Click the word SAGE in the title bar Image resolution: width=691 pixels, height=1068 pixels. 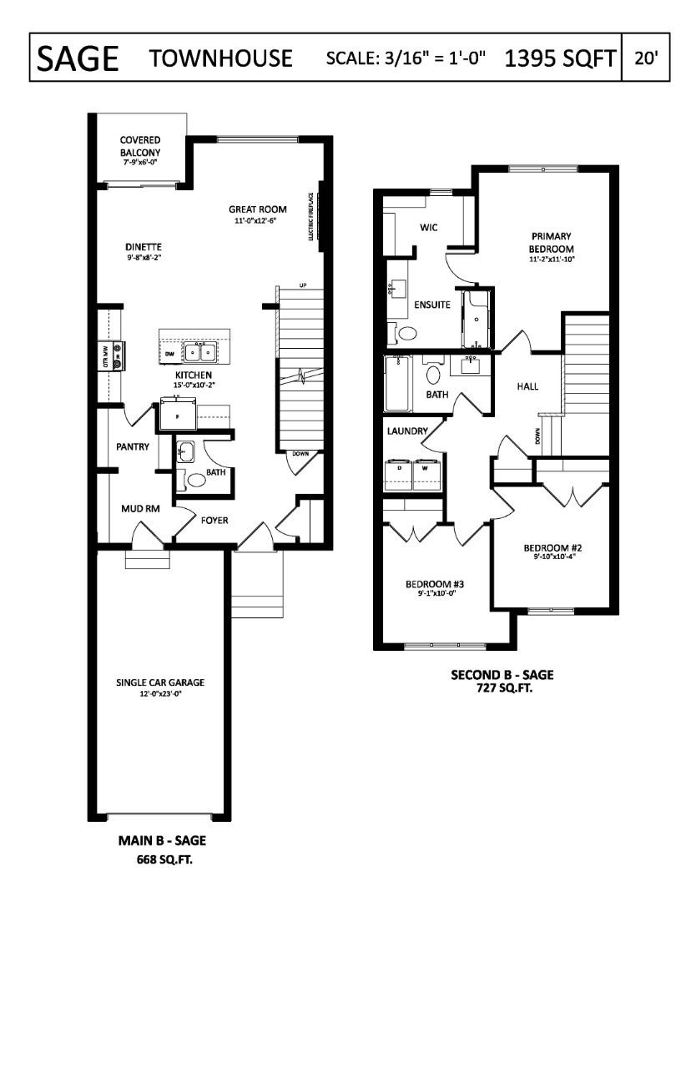point(76,58)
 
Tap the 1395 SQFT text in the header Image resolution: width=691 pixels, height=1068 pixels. point(560,58)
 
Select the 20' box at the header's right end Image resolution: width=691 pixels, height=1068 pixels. point(646,58)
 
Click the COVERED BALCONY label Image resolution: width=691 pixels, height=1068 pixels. point(139,147)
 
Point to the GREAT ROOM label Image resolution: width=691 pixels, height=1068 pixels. point(257,209)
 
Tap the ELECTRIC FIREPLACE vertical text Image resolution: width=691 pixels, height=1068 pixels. point(310,216)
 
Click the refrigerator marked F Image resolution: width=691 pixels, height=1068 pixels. point(177,416)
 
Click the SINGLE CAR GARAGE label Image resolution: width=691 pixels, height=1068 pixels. point(160,683)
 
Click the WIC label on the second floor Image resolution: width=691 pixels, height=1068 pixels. point(429,227)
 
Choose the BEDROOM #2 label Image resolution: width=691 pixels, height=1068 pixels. point(552,548)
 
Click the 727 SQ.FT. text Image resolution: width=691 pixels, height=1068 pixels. point(502,689)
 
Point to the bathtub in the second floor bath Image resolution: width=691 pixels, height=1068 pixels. point(397,384)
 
